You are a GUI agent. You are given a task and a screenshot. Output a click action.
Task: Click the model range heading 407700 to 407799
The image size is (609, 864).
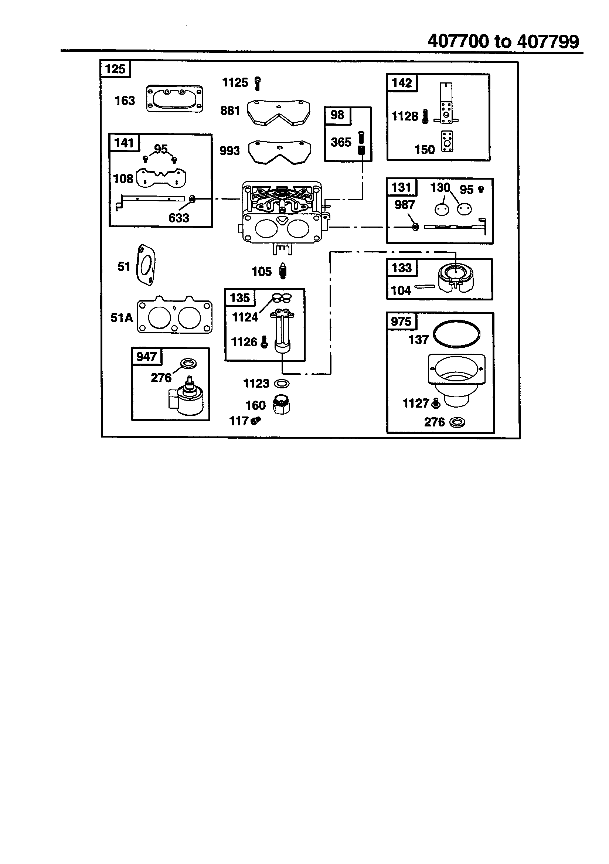point(503,41)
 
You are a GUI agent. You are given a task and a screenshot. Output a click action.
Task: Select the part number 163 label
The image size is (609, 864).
point(125,101)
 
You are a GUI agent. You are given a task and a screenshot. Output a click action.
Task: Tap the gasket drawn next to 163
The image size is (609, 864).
point(174,99)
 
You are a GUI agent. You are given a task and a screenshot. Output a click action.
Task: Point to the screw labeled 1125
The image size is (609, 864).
point(258,83)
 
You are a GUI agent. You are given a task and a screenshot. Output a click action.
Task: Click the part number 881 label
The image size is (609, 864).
point(230,110)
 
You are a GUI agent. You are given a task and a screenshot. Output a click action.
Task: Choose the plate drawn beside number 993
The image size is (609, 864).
point(279,152)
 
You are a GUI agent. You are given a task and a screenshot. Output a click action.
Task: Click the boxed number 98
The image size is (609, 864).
point(337,115)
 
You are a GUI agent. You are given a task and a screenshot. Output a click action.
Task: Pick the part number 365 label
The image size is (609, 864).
point(341,142)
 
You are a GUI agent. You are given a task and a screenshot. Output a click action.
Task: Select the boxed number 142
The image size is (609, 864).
point(402,83)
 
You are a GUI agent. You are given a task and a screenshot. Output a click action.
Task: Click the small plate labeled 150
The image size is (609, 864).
point(447,142)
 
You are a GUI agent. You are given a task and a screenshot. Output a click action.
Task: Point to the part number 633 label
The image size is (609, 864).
point(179,218)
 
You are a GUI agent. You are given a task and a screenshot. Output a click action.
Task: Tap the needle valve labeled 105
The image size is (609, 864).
point(283,271)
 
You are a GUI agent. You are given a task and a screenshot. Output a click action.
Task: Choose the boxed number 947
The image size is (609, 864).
point(146,356)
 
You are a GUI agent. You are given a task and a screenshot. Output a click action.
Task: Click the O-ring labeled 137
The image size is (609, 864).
point(456,333)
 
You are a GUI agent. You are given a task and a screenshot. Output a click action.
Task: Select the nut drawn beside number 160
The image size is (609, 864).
point(282,405)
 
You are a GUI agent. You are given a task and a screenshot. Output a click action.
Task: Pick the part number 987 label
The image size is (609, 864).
point(404,205)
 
